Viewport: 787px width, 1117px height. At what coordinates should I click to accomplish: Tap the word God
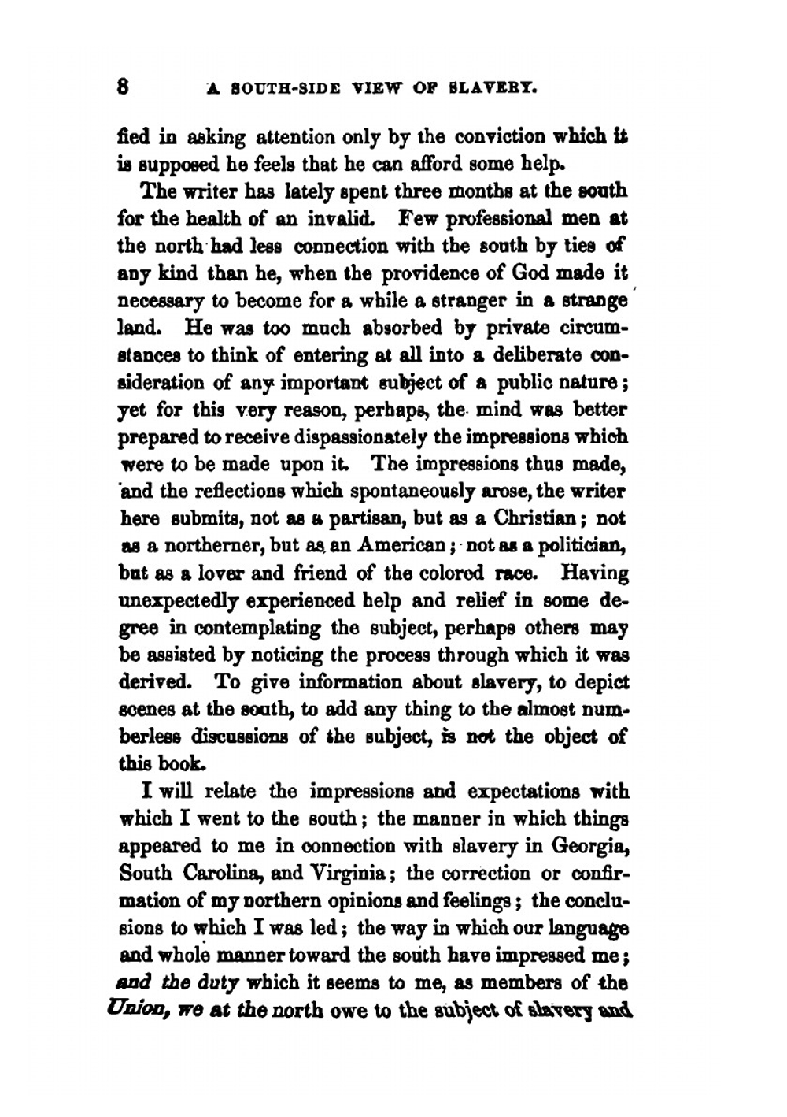pyautogui.click(x=536, y=273)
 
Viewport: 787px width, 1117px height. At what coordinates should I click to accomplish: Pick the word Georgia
pyautogui.click(x=589, y=846)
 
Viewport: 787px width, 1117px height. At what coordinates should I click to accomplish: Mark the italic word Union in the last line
pyautogui.click(x=141, y=1009)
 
